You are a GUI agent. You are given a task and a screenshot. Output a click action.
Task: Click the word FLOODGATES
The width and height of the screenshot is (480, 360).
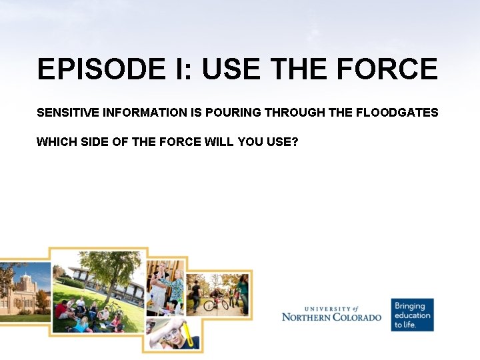point(397,113)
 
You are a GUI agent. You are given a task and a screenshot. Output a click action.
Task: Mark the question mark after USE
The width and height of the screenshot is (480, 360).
point(294,141)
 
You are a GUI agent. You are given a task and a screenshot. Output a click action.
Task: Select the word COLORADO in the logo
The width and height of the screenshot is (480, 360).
point(357,317)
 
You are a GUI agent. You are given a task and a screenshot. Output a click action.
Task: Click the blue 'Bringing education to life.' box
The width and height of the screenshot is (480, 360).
point(412,315)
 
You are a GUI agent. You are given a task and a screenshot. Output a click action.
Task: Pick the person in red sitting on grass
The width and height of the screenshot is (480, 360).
point(61,310)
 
